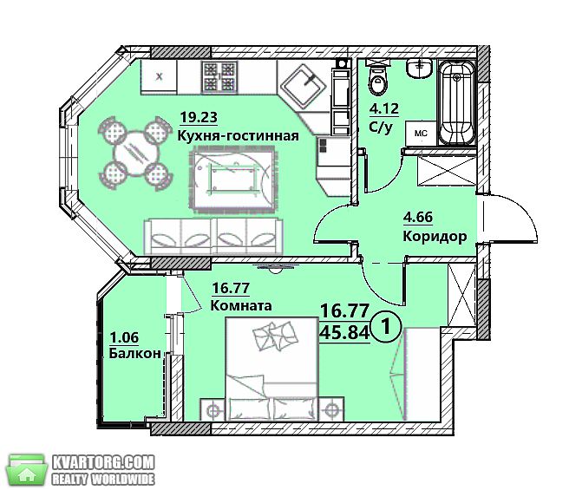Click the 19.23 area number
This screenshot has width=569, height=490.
(x=199, y=117)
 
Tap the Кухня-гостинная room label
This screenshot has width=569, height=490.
(x=238, y=136)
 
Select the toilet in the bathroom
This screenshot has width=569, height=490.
(x=378, y=77)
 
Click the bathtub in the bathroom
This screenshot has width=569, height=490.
(x=457, y=102)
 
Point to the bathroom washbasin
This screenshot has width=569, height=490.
(x=420, y=69)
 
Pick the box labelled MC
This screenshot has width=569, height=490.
(x=421, y=134)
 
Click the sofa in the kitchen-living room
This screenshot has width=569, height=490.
(x=213, y=236)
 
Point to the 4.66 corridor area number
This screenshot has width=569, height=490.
(x=418, y=218)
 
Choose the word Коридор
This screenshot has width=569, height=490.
(x=435, y=237)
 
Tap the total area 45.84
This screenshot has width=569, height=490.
(x=344, y=332)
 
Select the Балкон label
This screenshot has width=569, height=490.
(x=135, y=353)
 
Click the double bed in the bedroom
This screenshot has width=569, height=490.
(x=271, y=369)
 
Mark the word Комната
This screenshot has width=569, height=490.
(x=241, y=305)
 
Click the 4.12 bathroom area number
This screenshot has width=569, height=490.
(x=384, y=108)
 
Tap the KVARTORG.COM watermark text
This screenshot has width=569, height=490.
(x=104, y=463)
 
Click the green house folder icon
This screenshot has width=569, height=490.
(x=28, y=469)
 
